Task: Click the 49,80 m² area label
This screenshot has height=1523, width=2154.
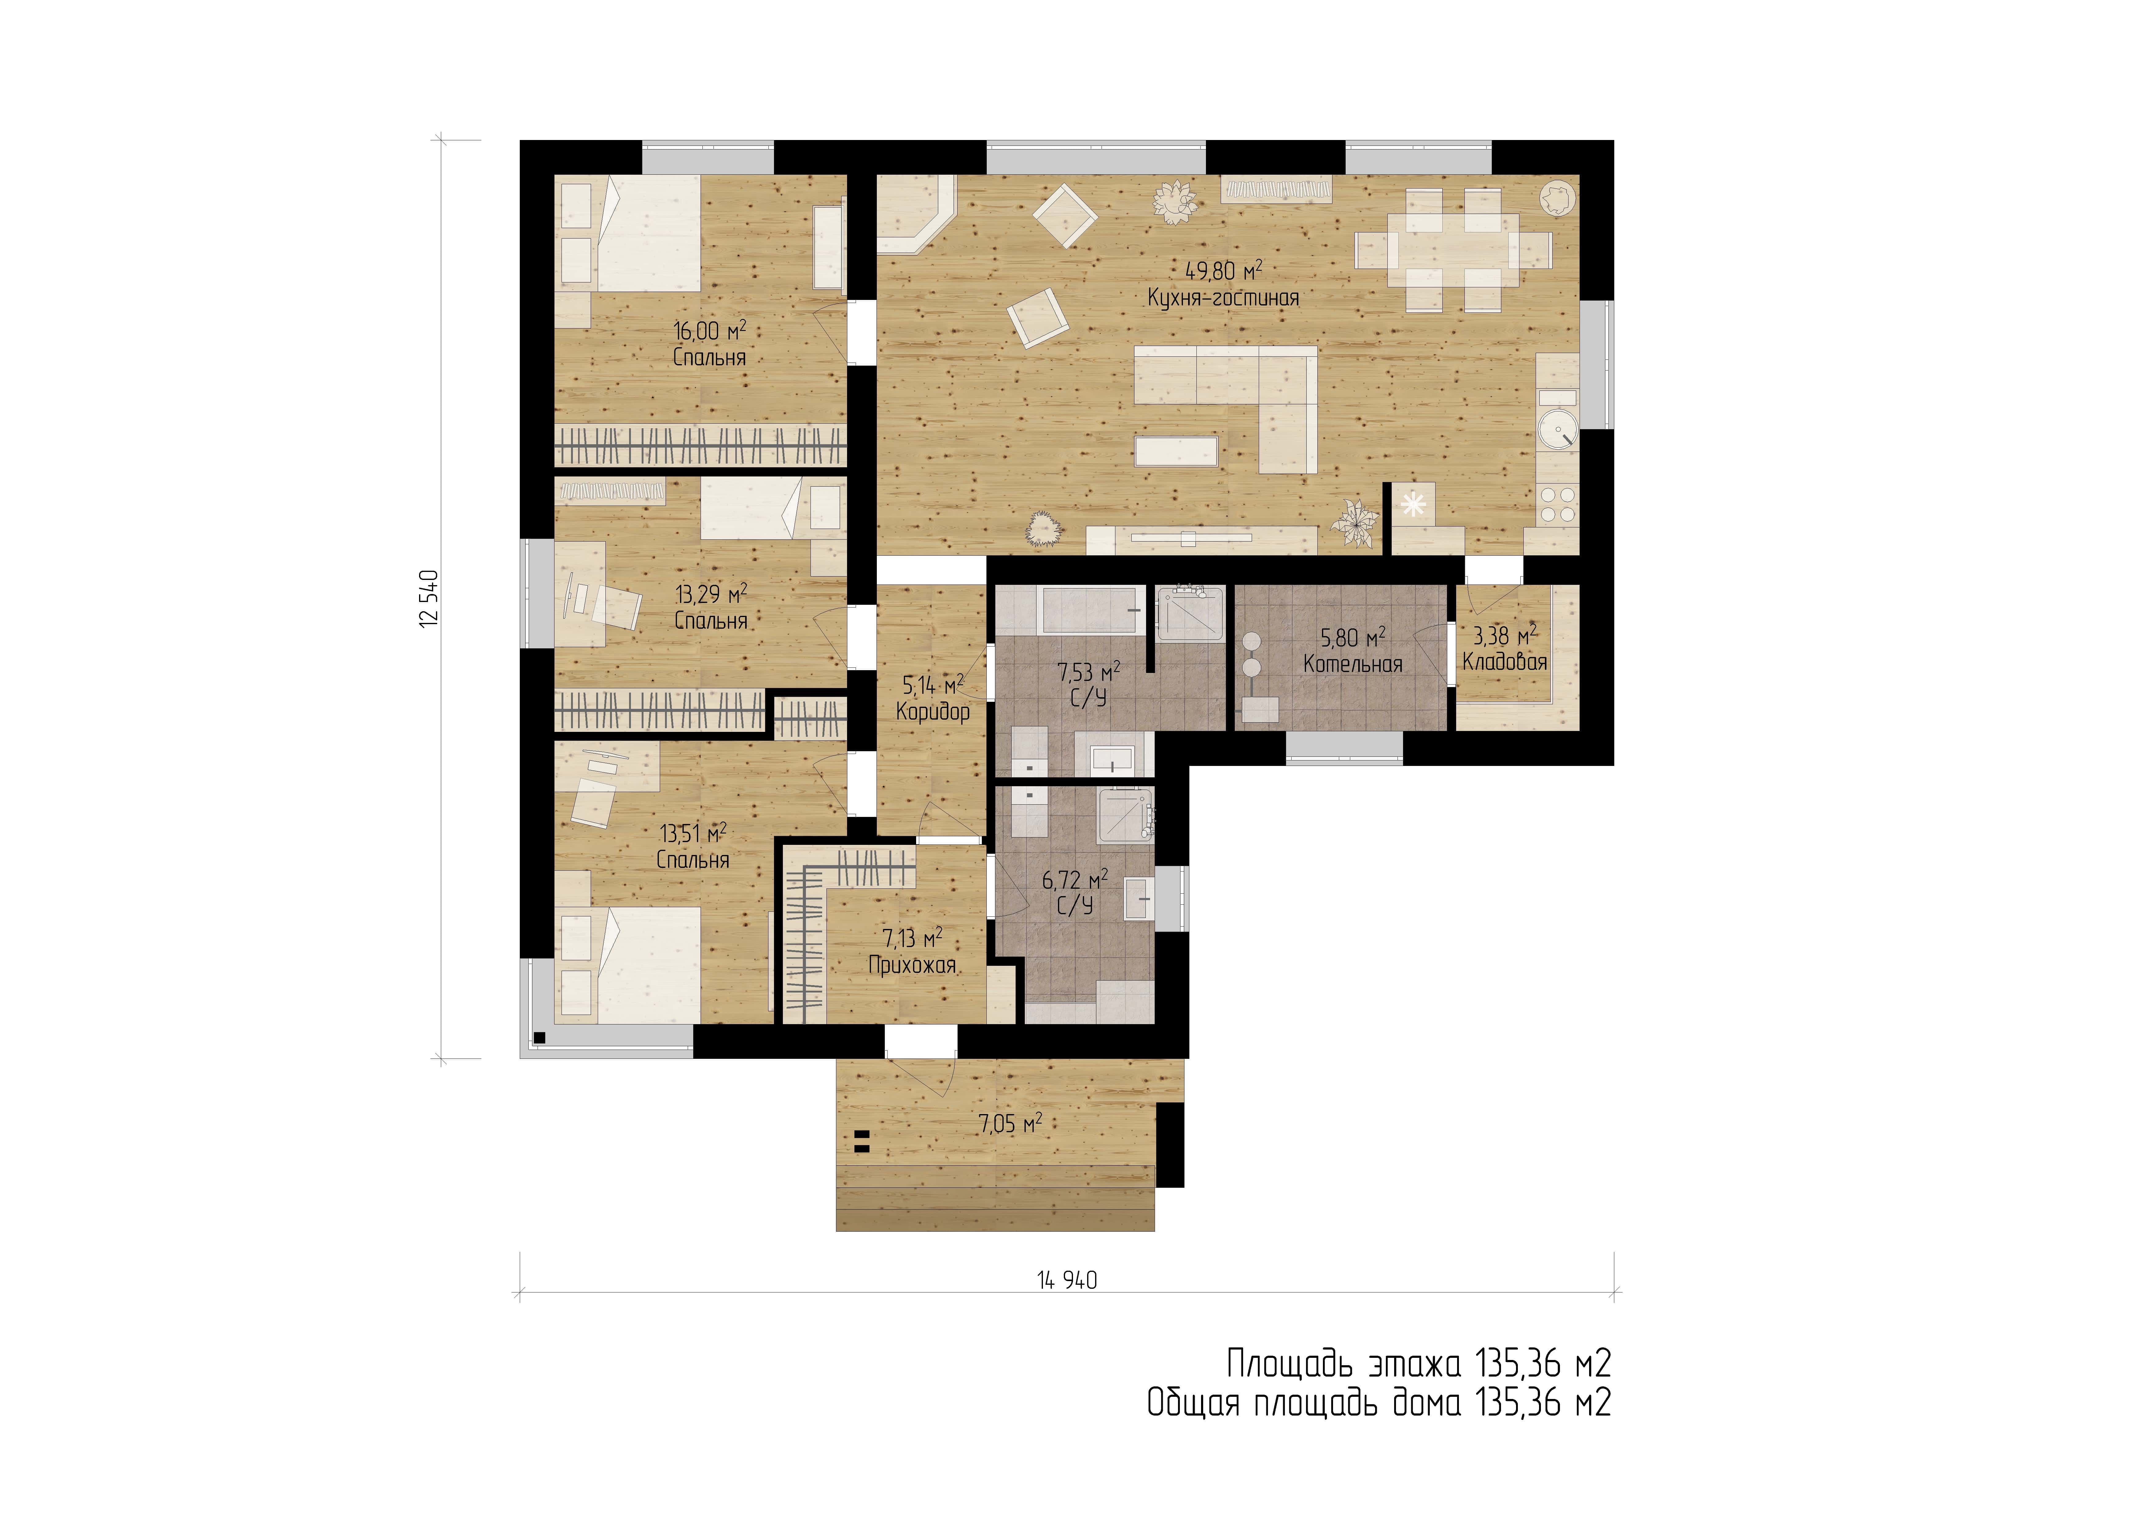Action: [x=1223, y=271]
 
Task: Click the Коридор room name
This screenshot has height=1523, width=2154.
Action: [x=932, y=711]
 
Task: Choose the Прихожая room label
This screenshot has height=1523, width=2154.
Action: [x=912, y=965]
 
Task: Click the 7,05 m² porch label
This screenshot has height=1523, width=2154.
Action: [x=1010, y=1123]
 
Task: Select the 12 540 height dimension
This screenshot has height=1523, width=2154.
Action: [x=430, y=599]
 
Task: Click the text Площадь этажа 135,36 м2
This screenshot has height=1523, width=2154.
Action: [x=1418, y=1363]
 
